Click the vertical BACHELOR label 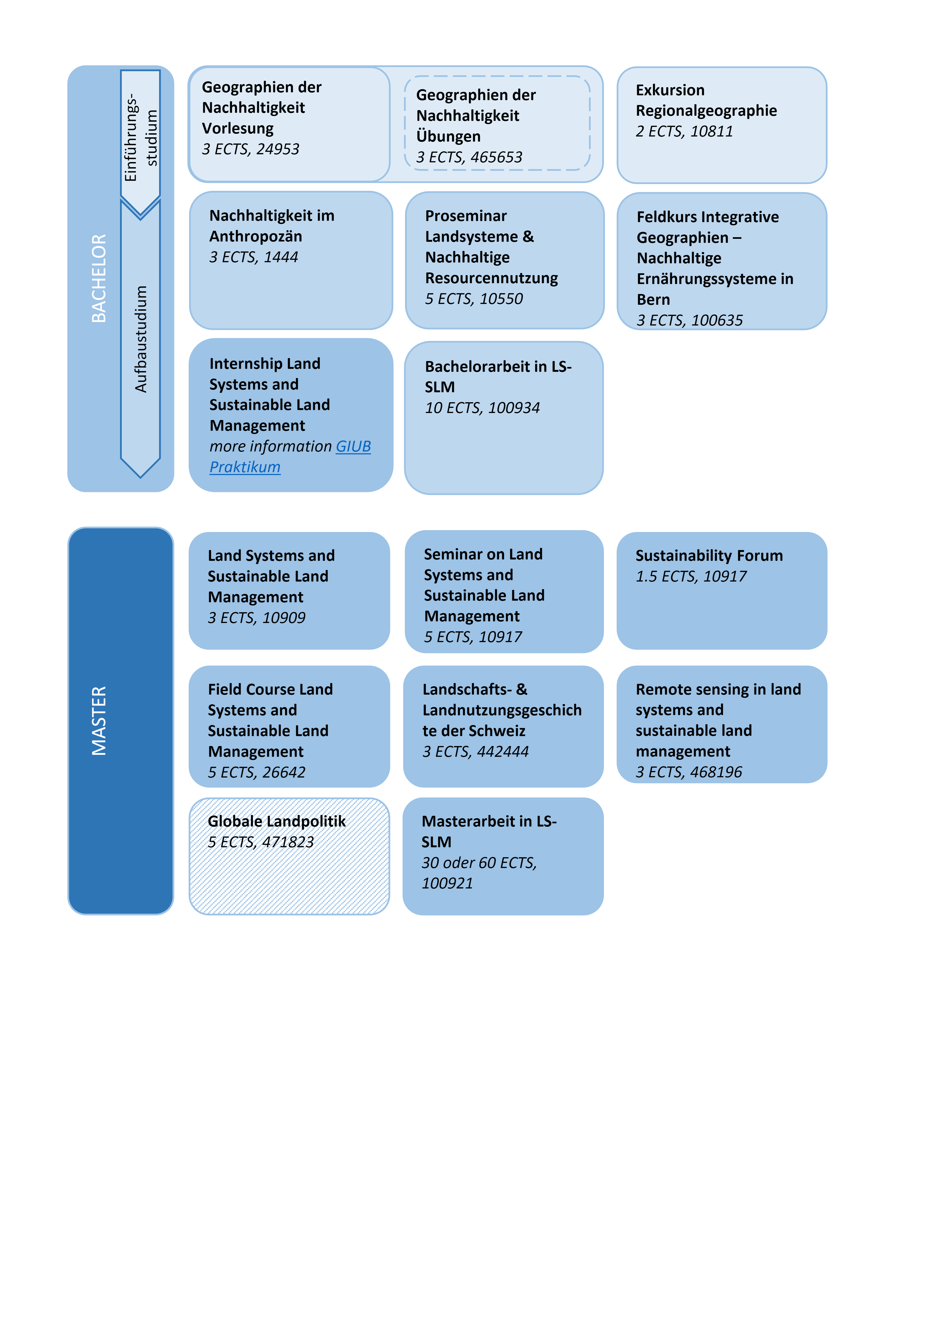point(99,279)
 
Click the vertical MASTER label point(99,721)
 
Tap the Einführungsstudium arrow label point(140,138)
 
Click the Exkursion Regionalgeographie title point(706,100)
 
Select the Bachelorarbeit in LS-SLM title point(498,376)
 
